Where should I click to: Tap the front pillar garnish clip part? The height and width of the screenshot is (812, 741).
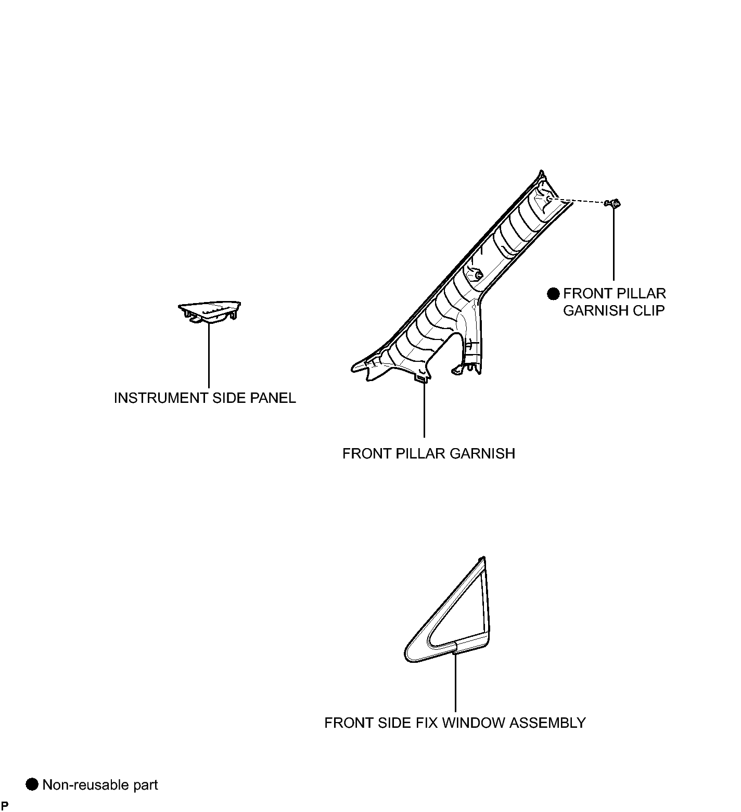pyautogui.click(x=614, y=204)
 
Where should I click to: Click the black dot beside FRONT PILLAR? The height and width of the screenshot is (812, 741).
pyautogui.click(x=553, y=294)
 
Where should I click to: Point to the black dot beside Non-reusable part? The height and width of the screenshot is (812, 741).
pyautogui.click(x=32, y=784)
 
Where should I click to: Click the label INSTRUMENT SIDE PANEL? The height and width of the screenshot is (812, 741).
pyautogui.click(x=205, y=398)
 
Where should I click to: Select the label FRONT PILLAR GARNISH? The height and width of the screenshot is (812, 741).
pyautogui.click(x=429, y=454)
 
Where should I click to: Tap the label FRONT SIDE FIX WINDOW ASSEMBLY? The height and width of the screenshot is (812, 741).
pyautogui.click(x=455, y=723)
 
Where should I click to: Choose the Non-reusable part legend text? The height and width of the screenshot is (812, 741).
pyautogui.click(x=100, y=784)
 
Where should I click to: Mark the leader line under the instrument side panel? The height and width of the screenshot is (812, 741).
pyautogui.click(x=209, y=356)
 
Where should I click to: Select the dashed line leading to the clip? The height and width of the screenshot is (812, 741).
pyautogui.click(x=579, y=201)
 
